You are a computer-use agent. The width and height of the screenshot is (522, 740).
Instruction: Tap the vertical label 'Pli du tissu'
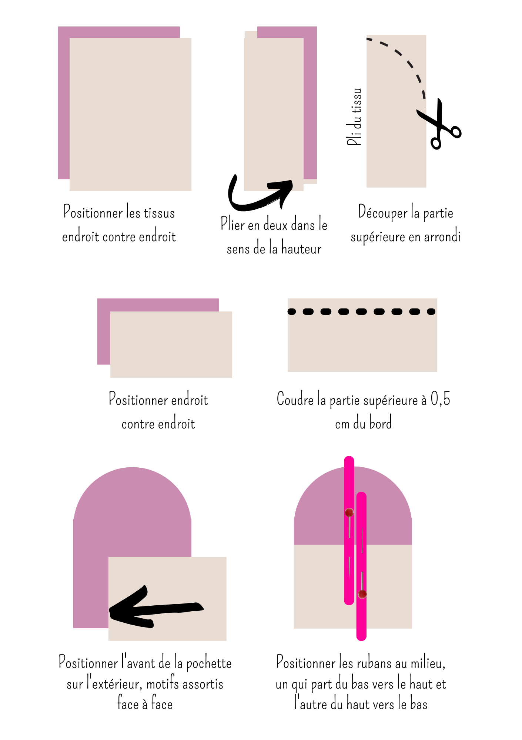355,117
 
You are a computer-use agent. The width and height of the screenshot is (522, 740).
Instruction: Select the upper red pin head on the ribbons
349,512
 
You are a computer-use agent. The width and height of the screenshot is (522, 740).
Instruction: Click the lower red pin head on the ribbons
362,594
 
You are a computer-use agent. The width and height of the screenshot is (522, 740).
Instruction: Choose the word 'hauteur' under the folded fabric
301,249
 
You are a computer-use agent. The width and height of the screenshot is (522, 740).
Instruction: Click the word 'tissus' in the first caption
159,213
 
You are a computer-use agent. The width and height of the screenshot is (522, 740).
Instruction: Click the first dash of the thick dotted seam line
292,312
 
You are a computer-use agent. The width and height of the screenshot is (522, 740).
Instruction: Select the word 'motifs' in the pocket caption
163,684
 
